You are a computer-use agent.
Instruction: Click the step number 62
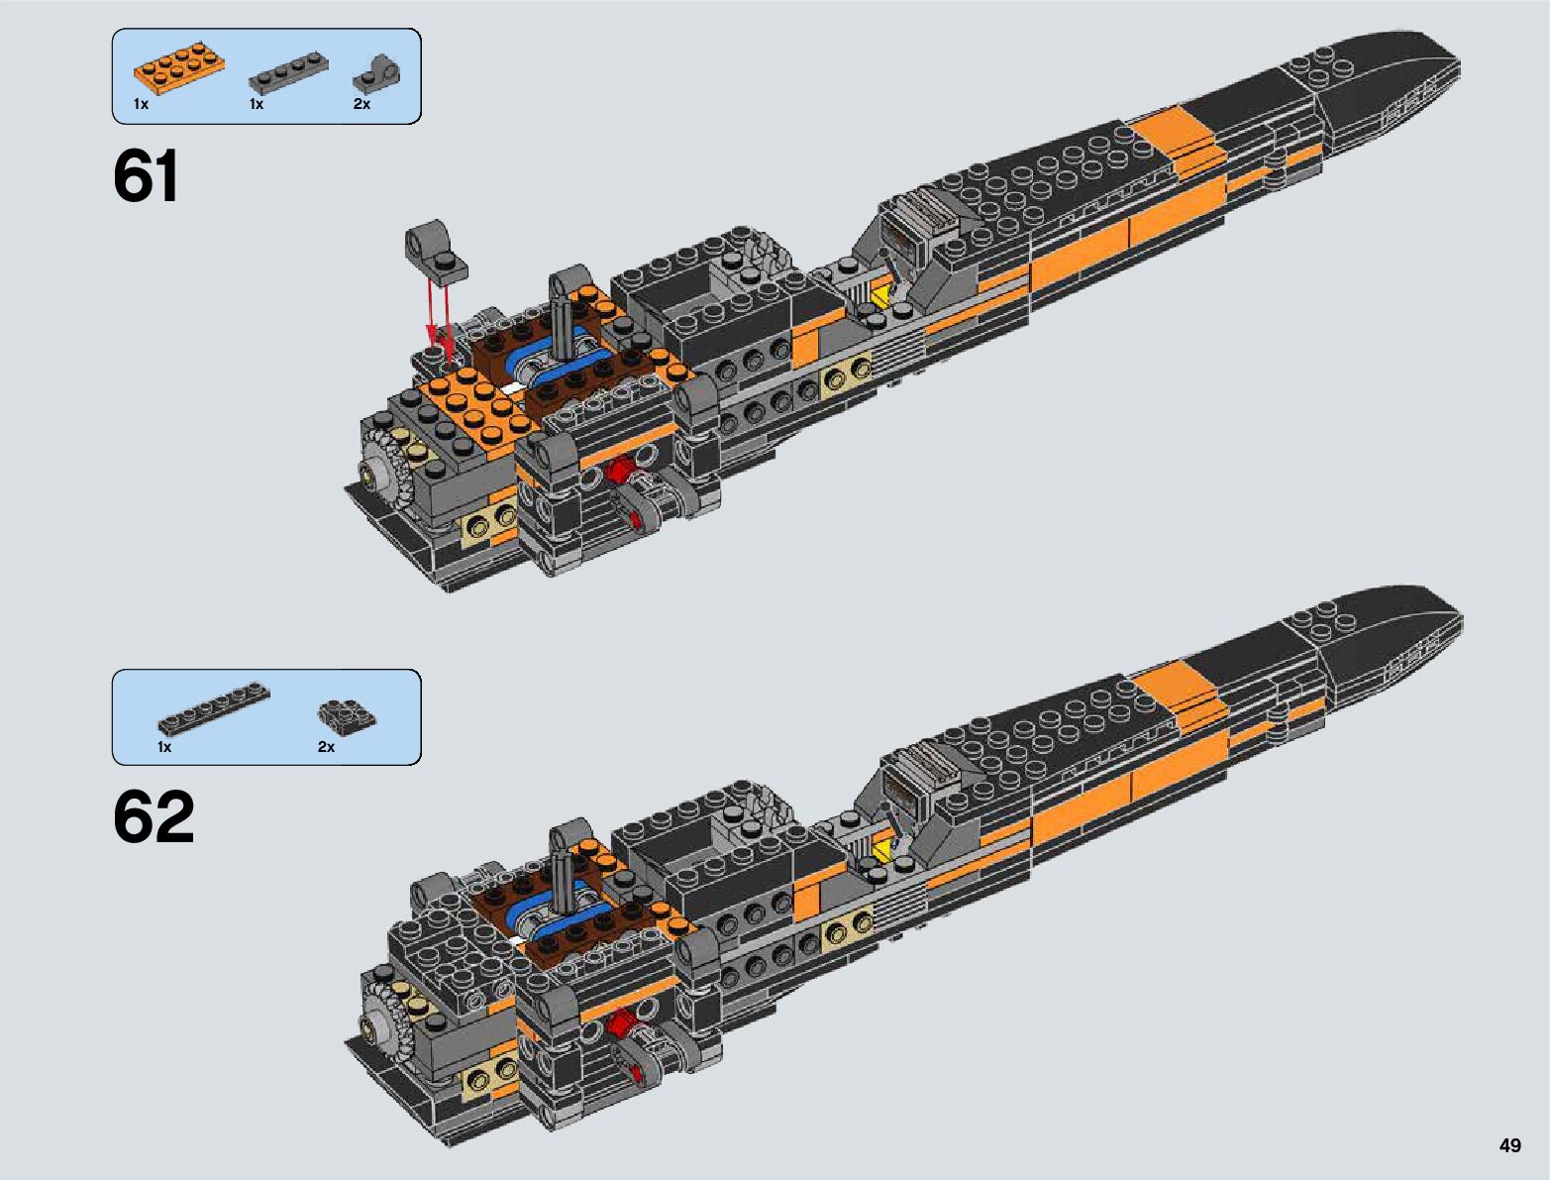[154, 818]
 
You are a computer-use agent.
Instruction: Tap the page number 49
[1509, 1145]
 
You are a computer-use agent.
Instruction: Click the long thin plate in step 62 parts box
[214, 708]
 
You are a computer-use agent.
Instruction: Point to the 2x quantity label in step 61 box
[362, 104]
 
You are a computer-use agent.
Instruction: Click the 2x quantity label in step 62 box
[326, 747]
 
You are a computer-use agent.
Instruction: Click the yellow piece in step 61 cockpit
[879, 294]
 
